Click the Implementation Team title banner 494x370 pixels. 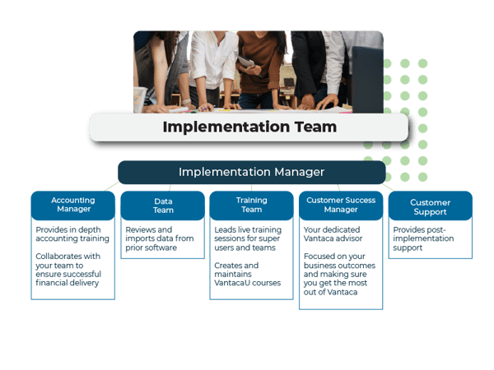pyautogui.click(x=249, y=127)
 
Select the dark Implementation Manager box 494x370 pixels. pyautogui.click(x=252, y=172)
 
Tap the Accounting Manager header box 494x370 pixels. pyautogui.click(x=73, y=205)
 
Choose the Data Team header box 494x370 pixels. pyautogui.click(x=163, y=205)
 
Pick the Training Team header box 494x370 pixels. pyautogui.click(x=252, y=205)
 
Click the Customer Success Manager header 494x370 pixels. pyautogui.click(x=341, y=205)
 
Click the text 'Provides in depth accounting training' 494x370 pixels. pyautogui.click(x=72, y=234)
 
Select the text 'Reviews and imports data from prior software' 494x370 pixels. pyautogui.click(x=160, y=238)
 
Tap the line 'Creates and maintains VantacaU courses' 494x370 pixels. pyautogui.click(x=247, y=275)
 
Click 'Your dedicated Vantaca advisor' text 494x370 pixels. pyautogui.click(x=333, y=234)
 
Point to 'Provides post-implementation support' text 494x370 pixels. pyautogui.click(x=423, y=238)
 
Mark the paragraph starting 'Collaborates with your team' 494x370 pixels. pyautogui.click(x=68, y=270)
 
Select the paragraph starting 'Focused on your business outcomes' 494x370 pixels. pyautogui.click(x=339, y=275)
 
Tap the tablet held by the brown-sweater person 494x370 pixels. pyautogui.click(x=247, y=62)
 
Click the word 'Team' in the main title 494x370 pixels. pyautogui.click(x=315, y=127)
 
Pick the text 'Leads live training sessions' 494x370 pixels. pyautogui.click(x=248, y=234)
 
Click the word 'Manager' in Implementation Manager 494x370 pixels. pyautogui.click(x=300, y=173)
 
